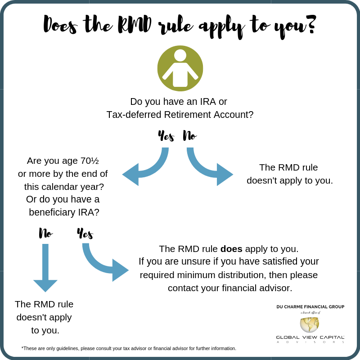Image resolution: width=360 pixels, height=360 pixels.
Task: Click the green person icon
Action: pos(180,68)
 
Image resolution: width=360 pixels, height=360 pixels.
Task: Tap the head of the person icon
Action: pos(180,55)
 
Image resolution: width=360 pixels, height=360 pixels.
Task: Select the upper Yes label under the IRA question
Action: pos(166,135)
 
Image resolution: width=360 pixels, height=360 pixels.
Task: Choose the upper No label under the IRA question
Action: pos(189,135)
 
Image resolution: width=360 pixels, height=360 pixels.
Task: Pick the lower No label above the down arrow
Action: pos(45,233)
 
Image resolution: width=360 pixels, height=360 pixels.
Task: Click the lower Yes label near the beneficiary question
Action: pos(85,234)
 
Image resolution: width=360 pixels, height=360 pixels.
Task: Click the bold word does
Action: pos(231,249)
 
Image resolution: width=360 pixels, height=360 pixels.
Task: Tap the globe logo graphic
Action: pos(310,324)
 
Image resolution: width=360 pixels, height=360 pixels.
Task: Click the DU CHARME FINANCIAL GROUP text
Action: pos(310,307)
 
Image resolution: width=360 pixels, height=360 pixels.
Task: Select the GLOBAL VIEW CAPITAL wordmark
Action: pos(310,337)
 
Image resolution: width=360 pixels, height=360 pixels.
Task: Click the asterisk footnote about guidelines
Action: pos(129,348)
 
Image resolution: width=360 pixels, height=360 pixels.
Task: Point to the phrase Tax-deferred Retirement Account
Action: pos(180,115)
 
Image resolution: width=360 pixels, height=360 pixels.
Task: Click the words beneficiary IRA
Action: pos(64,212)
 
